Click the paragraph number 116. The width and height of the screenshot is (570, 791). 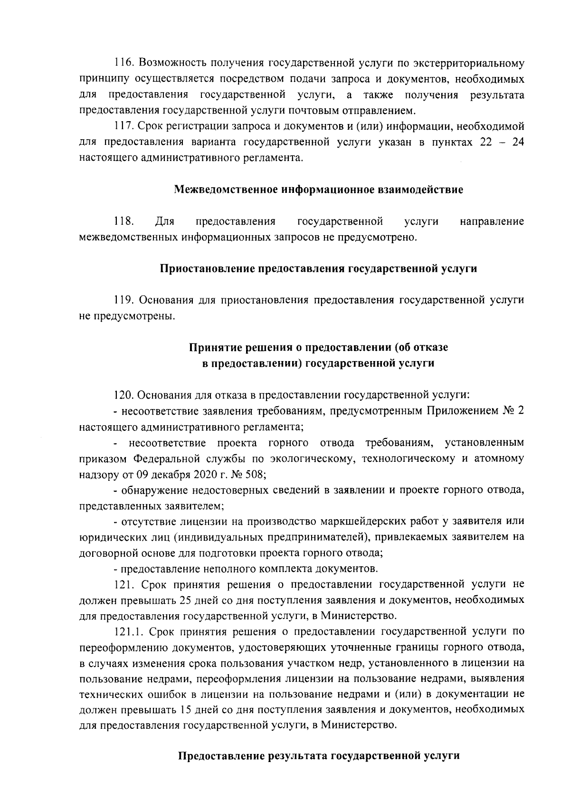(x=123, y=64)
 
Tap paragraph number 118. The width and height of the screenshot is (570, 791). (x=123, y=221)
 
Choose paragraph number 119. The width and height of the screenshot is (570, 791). (x=123, y=300)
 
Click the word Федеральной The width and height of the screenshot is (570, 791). (x=166, y=458)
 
